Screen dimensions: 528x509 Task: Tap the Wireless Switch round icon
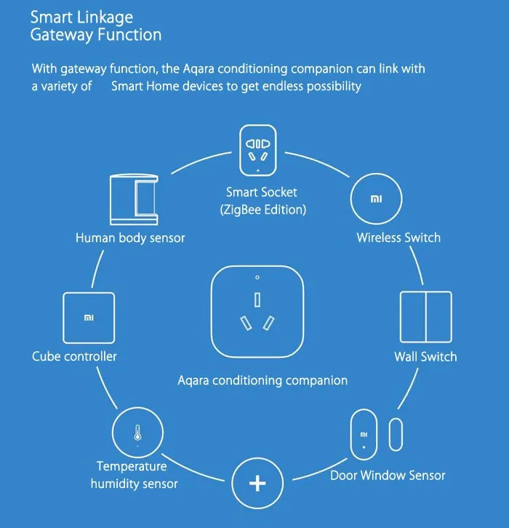click(x=375, y=199)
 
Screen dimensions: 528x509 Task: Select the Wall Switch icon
click(x=425, y=318)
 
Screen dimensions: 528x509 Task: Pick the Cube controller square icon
click(x=88, y=318)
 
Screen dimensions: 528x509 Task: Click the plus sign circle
click(x=257, y=484)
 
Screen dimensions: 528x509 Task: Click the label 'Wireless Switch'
click(x=398, y=237)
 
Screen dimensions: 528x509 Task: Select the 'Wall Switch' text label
click(x=425, y=356)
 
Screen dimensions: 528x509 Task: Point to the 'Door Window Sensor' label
click(x=388, y=475)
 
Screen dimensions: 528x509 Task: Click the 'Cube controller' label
click(x=74, y=356)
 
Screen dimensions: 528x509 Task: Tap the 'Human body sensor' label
click(x=130, y=237)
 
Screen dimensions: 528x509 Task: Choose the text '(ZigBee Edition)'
click(x=262, y=209)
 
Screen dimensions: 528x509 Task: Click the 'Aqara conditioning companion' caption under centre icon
click(x=262, y=380)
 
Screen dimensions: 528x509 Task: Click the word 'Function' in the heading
click(x=132, y=34)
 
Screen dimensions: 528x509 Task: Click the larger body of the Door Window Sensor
click(x=364, y=435)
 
